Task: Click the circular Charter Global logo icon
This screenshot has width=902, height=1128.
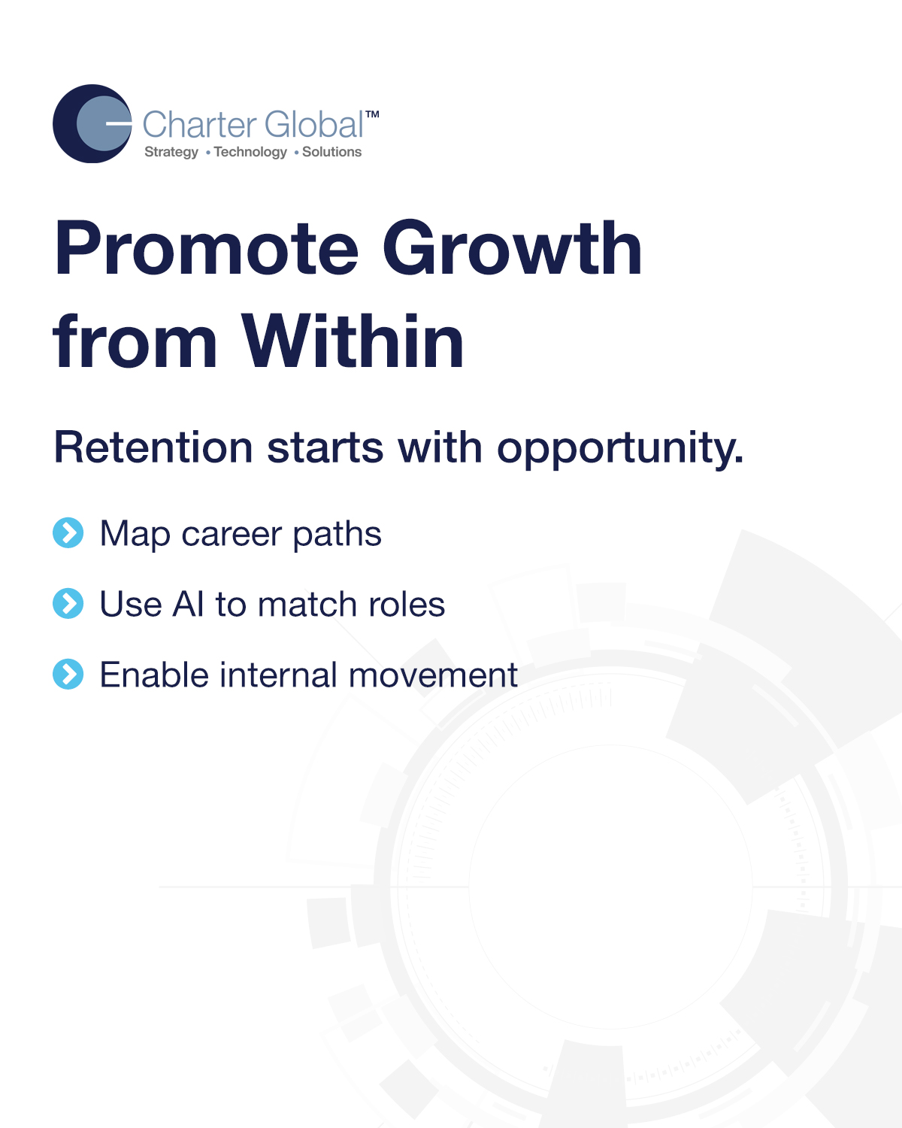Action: tap(92, 124)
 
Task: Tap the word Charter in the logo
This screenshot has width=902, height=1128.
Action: tap(199, 125)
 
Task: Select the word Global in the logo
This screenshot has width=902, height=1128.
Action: tap(313, 125)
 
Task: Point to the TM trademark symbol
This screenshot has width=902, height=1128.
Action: tap(372, 114)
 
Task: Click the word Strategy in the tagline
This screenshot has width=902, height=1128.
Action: tap(171, 152)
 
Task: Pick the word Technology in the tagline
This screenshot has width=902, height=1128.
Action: tap(250, 152)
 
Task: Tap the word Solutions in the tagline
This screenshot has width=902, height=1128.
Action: tap(331, 152)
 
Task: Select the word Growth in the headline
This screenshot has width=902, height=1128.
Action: tap(512, 248)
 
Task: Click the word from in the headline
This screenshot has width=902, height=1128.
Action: tap(135, 343)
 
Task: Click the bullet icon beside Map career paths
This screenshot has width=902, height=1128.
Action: tap(68, 533)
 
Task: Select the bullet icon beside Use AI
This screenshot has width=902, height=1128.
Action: tap(68, 604)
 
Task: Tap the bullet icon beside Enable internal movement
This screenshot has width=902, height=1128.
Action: tap(68, 675)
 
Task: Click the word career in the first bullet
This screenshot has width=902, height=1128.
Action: tap(232, 535)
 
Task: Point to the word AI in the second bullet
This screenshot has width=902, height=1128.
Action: tap(189, 605)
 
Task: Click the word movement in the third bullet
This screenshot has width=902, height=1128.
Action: tap(433, 675)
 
